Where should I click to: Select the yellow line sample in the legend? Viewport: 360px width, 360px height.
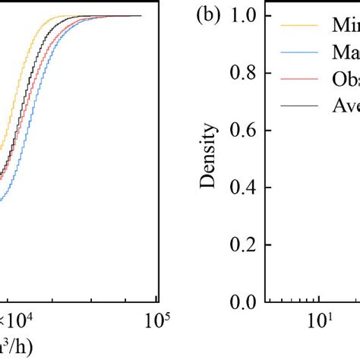point(298,26)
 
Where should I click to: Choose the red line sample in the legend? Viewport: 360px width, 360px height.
point(298,80)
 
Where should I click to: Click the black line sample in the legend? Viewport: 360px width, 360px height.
point(298,106)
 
